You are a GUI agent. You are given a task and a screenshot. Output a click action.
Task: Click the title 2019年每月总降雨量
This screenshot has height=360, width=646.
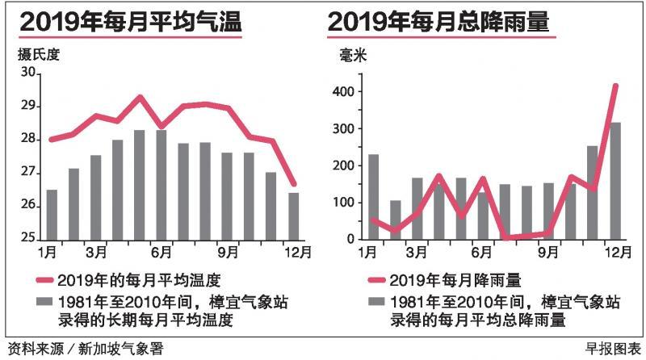[439, 23]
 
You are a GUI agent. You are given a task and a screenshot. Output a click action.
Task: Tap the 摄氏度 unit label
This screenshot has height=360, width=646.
[38, 56]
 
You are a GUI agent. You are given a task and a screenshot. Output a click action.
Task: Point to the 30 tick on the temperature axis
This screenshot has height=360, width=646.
[29, 73]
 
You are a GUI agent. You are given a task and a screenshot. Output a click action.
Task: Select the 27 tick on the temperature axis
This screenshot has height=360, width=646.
[29, 173]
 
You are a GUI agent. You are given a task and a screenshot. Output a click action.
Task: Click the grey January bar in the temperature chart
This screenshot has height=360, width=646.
[52, 215]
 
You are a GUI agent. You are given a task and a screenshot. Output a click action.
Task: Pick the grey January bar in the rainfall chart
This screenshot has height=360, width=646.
[373, 197]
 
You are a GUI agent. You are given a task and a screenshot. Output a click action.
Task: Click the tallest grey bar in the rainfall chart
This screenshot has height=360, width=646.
[615, 181]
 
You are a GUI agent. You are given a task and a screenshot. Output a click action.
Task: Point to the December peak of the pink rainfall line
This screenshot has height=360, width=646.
[615, 86]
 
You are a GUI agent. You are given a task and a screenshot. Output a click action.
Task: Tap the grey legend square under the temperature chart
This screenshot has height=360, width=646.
[48, 303]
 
